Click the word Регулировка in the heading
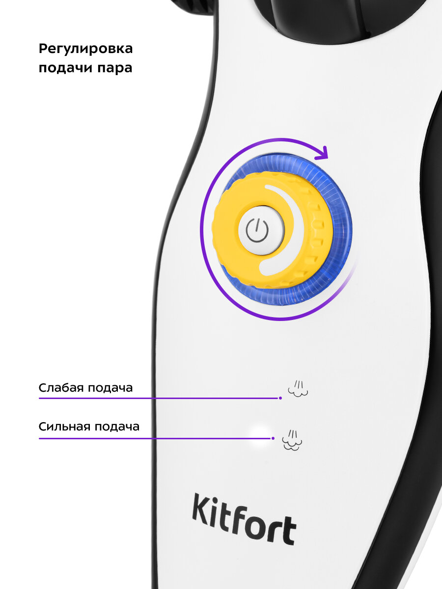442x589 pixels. coord(85,50)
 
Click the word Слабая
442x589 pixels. coord(61,388)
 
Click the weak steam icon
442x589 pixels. coord(298,388)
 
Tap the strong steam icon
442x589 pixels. coord(292,440)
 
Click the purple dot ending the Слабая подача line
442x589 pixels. coord(280,398)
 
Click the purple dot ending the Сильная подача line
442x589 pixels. coord(273,438)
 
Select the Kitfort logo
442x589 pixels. coord(244,519)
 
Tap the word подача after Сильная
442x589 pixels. coord(116,427)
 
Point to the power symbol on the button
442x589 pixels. coord(257,230)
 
